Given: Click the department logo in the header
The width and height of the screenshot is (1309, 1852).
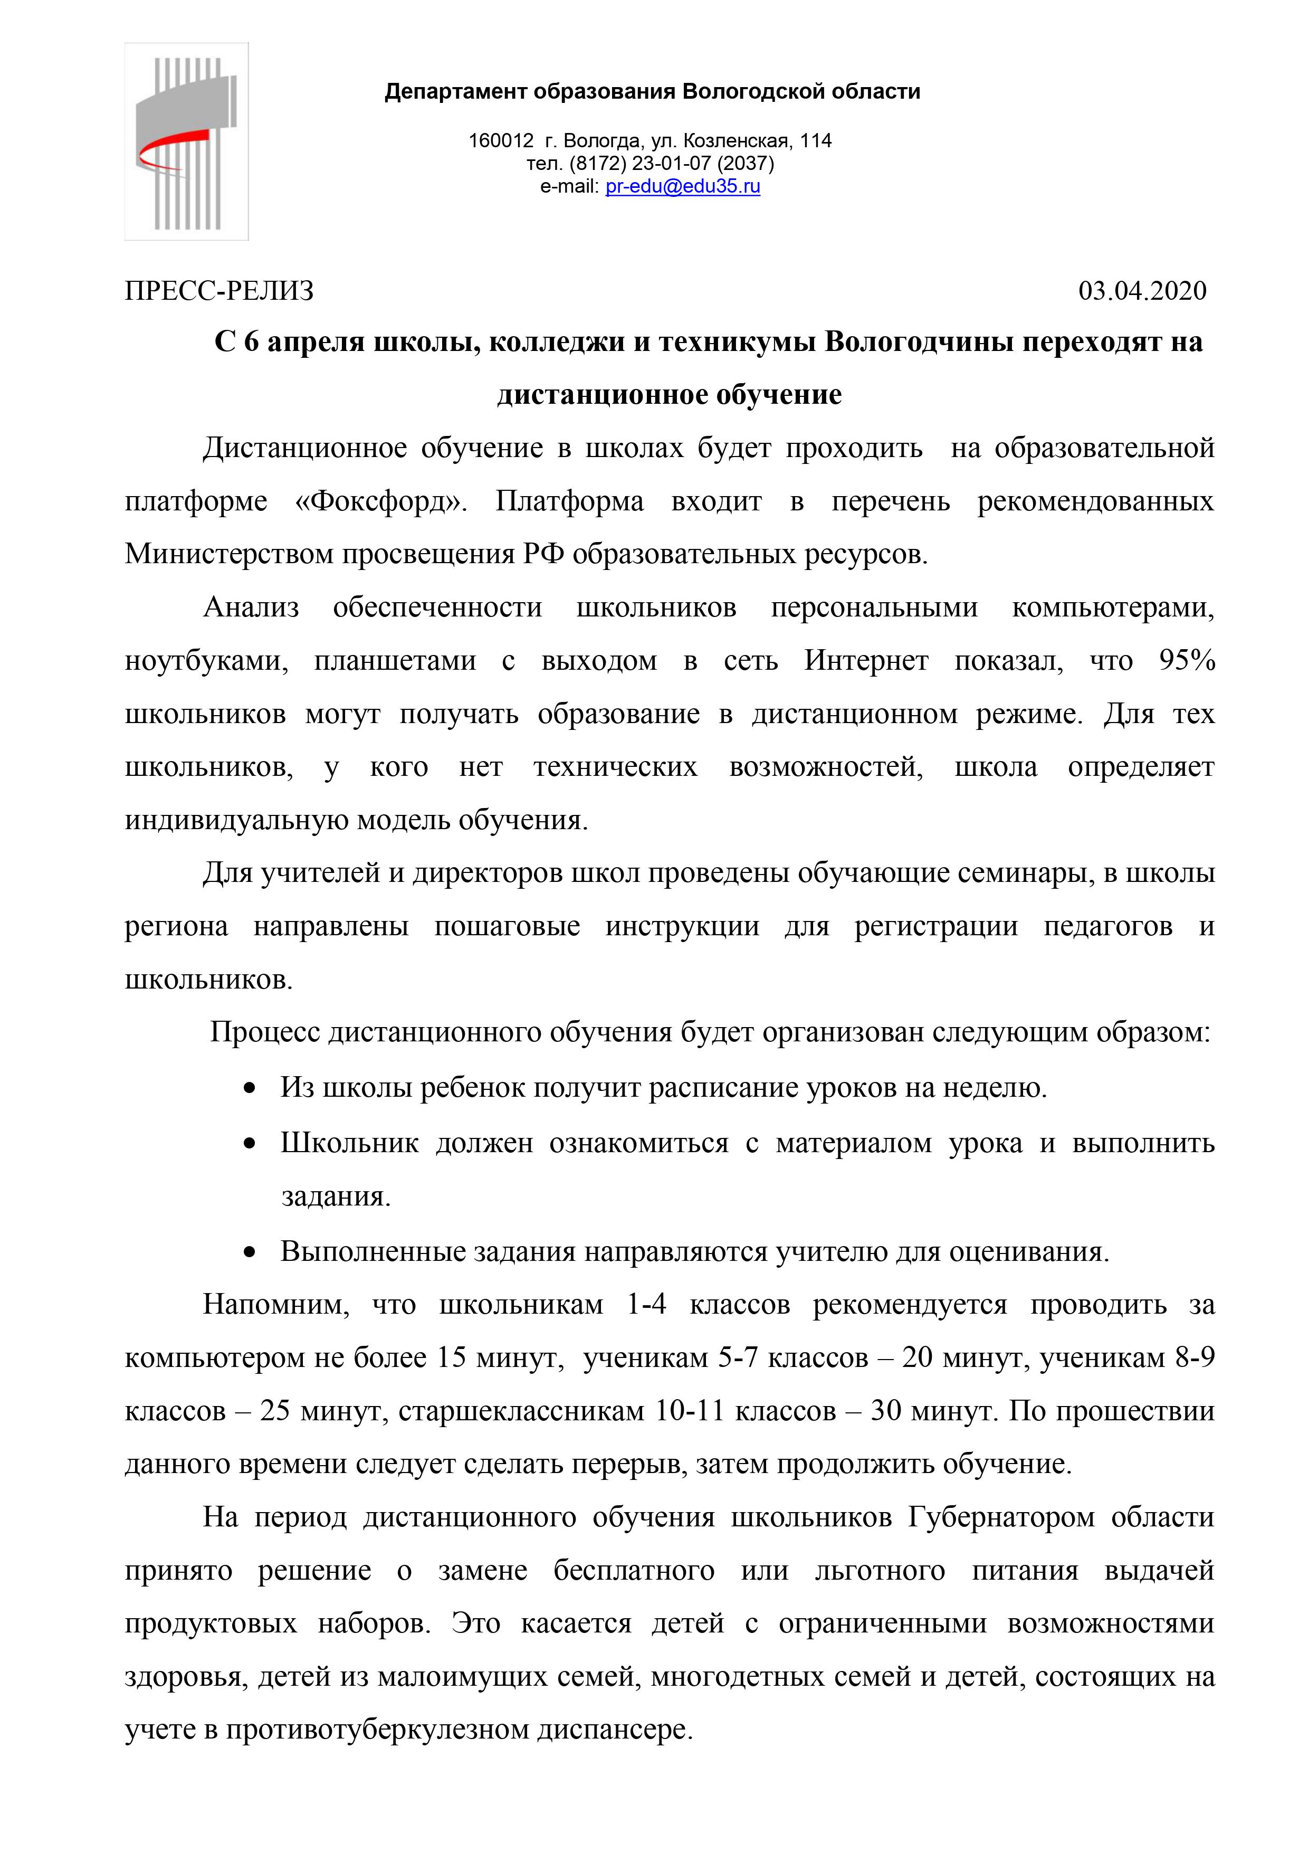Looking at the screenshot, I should (x=186, y=142).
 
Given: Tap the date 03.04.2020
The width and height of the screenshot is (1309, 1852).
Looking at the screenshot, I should (x=1142, y=290).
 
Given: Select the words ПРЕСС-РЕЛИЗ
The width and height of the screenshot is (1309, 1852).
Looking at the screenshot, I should (x=219, y=290).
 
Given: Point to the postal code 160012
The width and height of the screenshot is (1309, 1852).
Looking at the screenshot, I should (x=501, y=140).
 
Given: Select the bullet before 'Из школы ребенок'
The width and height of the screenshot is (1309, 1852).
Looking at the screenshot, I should (x=250, y=1088).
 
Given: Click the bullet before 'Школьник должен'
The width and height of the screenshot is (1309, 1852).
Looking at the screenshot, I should (x=250, y=1143).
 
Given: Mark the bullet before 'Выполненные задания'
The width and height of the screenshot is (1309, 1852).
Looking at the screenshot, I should (x=250, y=1252).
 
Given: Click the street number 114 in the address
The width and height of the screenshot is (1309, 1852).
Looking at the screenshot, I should (x=816, y=140).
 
